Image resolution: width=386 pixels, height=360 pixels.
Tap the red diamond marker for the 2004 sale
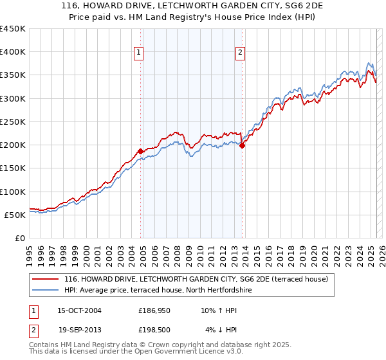pos(140,151)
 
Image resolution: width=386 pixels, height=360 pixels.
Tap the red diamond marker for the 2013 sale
pos(242,145)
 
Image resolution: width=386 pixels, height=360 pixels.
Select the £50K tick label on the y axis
pos(15,215)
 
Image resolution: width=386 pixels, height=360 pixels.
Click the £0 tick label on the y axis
pos(20,238)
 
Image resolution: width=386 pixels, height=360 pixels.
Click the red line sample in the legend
pos(46,279)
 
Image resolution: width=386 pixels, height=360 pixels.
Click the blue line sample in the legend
pos(46,290)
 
